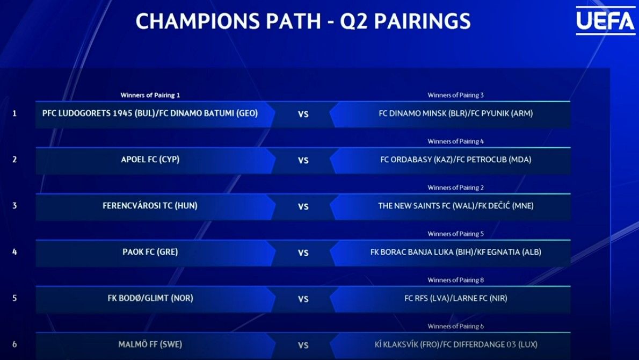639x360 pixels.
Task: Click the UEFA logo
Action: click(605, 21)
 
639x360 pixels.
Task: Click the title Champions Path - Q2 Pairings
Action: click(303, 21)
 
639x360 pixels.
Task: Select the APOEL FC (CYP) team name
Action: click(150, 160)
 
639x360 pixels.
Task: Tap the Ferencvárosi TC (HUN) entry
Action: click(150, 205)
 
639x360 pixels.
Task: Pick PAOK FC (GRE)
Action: click(150, 252)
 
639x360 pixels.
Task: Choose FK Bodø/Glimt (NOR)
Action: click(150, 298)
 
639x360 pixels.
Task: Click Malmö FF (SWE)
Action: click(150, 344)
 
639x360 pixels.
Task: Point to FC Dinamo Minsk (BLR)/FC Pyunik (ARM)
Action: click(455, 113)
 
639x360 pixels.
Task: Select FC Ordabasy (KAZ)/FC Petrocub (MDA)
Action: click(455, 160)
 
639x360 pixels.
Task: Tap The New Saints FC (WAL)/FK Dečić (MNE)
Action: click(455, 205)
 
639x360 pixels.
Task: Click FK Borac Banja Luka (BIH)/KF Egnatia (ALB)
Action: click(455, 252)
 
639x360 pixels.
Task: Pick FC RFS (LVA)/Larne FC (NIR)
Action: click(455, 298)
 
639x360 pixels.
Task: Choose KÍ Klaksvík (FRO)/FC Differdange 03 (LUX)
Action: click(455, 344)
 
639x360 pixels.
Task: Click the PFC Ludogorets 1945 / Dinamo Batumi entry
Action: click(150, 113)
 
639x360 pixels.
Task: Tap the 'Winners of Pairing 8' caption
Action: click(455, 280)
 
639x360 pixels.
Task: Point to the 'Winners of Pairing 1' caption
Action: click(150, 95)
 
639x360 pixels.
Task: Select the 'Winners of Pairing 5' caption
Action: click(455, 234)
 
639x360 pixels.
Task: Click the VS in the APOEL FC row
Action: click(303, 160)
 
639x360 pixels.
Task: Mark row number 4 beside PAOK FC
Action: click(14, 252)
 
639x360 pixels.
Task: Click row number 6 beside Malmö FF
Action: click(14, 344)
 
